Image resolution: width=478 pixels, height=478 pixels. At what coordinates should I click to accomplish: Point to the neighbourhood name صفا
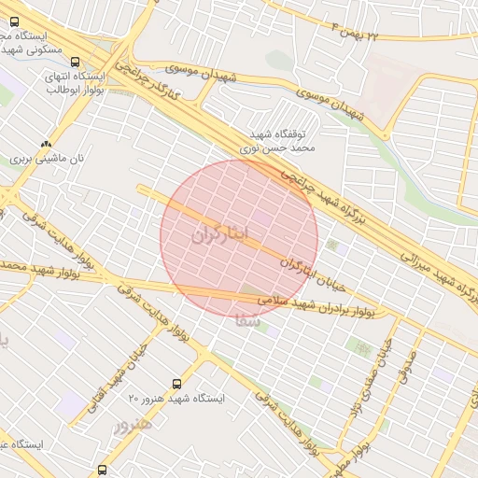tap(246, 320)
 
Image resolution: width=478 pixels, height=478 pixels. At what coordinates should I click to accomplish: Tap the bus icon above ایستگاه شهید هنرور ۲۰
tap(177, 384)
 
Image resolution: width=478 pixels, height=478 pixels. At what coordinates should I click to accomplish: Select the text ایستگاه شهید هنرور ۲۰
tap(177, 399)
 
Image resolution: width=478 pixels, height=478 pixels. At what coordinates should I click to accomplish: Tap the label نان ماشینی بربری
tap(47, 159)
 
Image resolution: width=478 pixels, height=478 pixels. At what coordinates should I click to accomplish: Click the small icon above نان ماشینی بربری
tap(47, 144)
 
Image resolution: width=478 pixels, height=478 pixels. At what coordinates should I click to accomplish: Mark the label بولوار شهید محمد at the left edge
tap(21, 266)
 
